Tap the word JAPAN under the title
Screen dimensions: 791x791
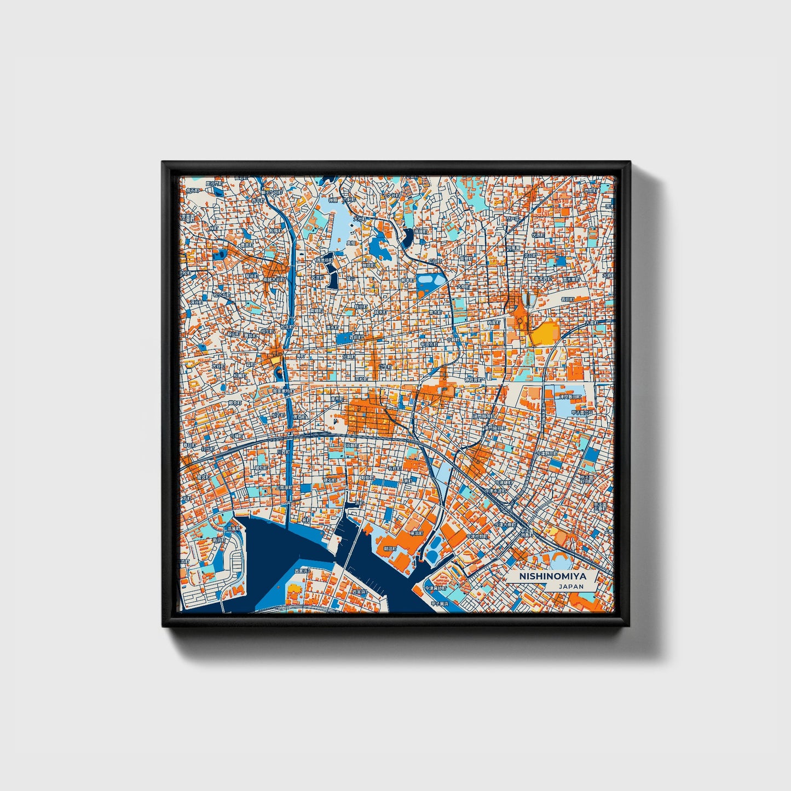click(571, 586)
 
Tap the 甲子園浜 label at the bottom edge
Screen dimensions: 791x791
click(440, 604)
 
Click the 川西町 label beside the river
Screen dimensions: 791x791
click(282, 453)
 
